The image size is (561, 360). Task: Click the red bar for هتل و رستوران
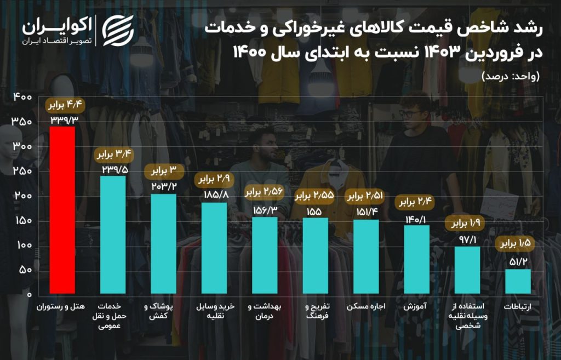pyautogui.click(x=62, y=210)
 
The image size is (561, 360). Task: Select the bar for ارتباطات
pyautogui.click(x=518, y=281)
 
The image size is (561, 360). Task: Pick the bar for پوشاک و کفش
pyautogui.click(x=163, y=244)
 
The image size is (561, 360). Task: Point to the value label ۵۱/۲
pyautogui.click(x=518, y=262)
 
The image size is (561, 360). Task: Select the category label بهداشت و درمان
pyautogui.click(x=265, y=311)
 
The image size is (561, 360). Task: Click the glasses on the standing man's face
pyautogui.click(x=410, y=113)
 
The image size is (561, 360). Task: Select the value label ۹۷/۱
pyautogui.click(x=467, y=239)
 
